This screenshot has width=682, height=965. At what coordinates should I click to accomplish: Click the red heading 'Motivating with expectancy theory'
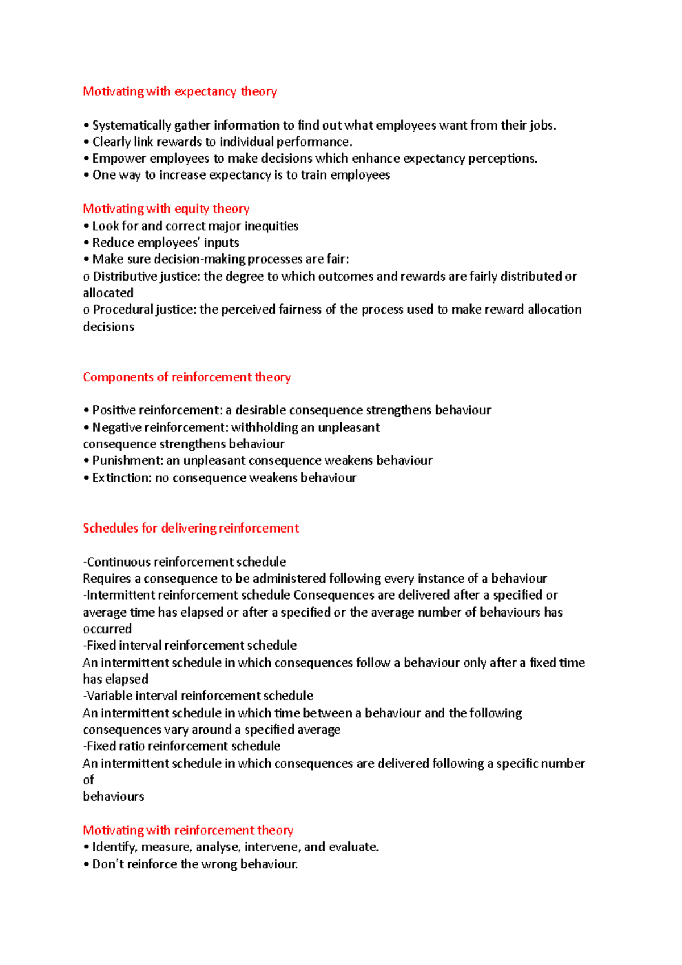coord(180,91)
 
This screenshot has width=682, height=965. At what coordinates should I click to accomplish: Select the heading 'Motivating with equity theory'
coord(166,209)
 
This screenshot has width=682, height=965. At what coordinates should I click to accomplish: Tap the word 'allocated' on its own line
coord(108,293)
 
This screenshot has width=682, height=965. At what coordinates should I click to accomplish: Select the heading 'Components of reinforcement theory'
coord(186,377)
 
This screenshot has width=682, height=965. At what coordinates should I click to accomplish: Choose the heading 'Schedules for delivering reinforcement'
coord(190,528)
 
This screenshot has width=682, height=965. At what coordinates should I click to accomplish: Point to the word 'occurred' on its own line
coord(107,629)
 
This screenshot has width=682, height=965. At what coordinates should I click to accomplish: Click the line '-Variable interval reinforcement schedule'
coord(198,696)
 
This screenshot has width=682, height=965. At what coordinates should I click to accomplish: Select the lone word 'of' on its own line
coord(88,780)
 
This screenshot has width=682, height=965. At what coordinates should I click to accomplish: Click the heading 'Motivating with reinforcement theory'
coord(188,830)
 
